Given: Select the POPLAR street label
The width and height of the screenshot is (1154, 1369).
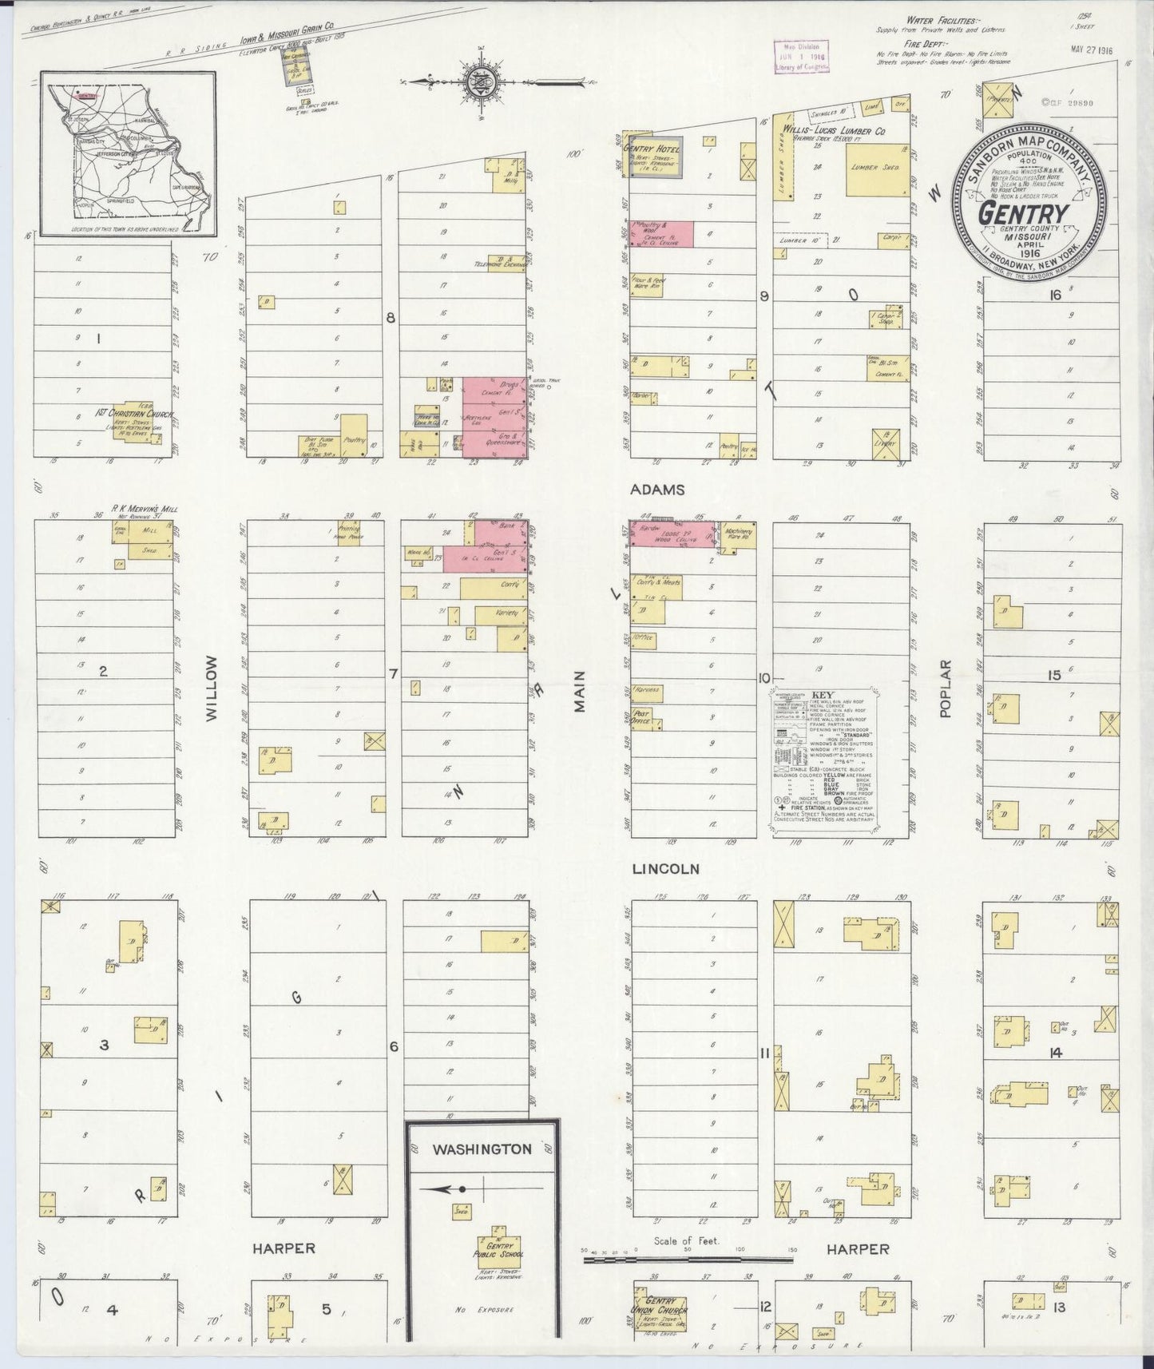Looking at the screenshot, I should [946, 688].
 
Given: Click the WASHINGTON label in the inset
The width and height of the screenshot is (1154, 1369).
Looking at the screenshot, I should [482, 1149].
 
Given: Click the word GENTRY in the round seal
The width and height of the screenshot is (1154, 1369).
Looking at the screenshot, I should [1023, 213].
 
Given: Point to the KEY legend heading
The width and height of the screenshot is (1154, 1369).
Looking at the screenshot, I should [823, 694].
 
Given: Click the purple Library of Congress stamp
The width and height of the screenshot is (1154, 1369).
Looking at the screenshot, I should [801, 58].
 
